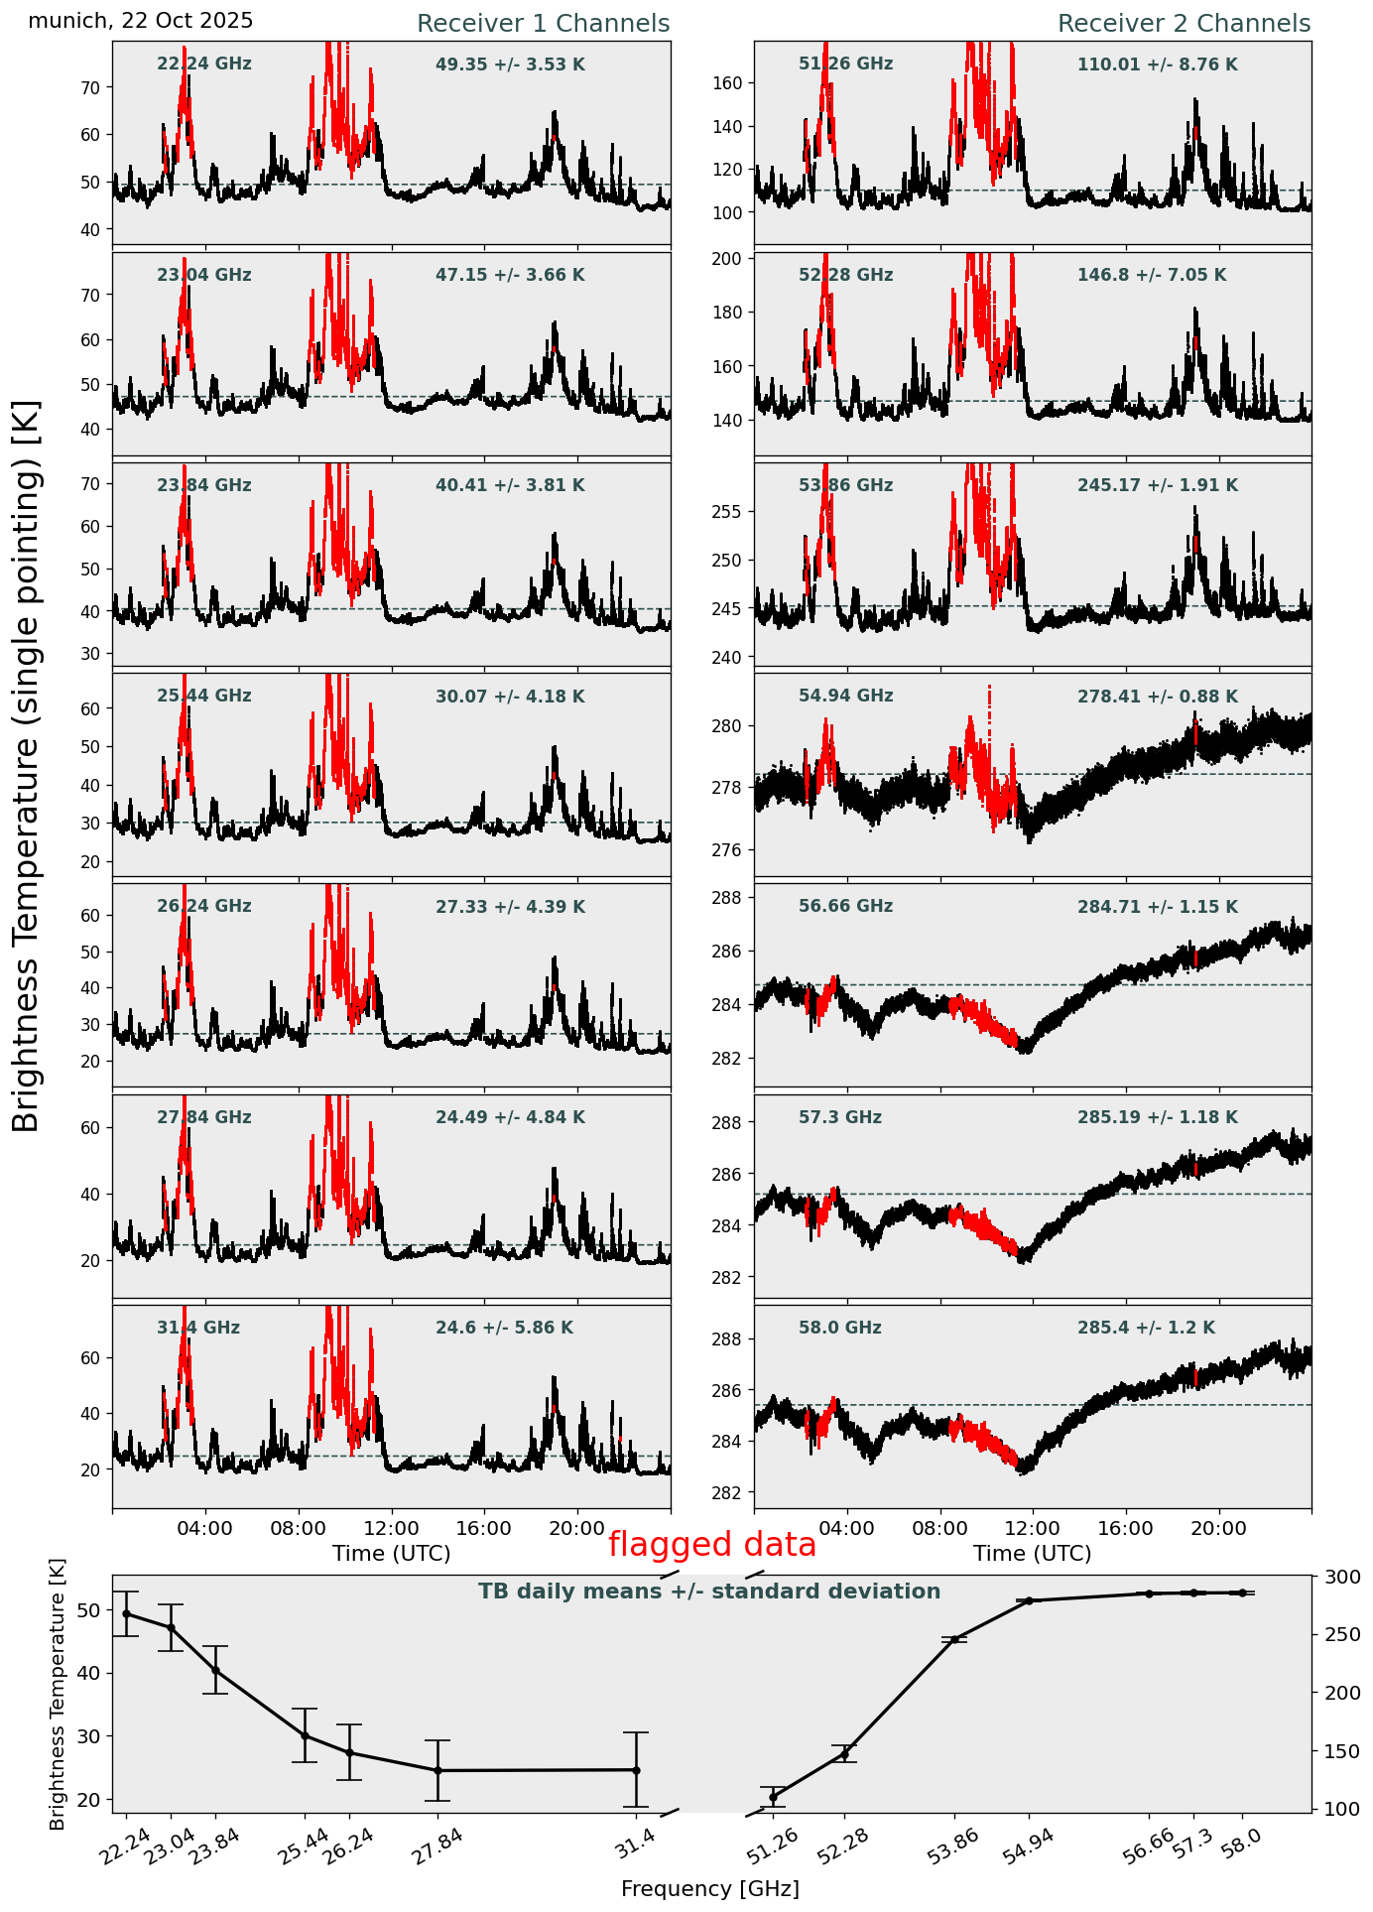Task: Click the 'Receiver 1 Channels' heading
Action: pyautogui.click(x=543, y=24)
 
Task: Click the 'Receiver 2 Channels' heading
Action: pyautogui.click(x=1184, y=24)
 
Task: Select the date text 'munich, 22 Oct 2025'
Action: pyautogui.click(x=140, y=21)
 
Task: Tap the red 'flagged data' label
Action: pyautogui.click(x=711, y=1545)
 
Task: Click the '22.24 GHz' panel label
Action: pyautogui.click(x=204, y=64)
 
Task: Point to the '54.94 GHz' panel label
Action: pyautogui.click(x=845, y=697)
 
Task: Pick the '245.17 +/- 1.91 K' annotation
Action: pyautogui.click(x=1157, y=486)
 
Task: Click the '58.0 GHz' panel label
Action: pyautogui.click(x=839, y=1328)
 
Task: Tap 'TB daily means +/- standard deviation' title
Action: pyautogui.click(x=709, y=1592)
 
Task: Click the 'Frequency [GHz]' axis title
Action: pyautogui.click(x=709, y=1888)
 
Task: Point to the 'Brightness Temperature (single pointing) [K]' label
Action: pyautogui.click(x=27, y=766)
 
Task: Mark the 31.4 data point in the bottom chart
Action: pyautogui.click(x=636, y=1770)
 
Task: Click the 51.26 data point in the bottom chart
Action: pyautogui.click(x=773, y=1797)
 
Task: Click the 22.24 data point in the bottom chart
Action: pyautogui.click(x=126, y=1614)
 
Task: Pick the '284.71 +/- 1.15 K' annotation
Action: pyautogui.click(x=1157, y=907)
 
